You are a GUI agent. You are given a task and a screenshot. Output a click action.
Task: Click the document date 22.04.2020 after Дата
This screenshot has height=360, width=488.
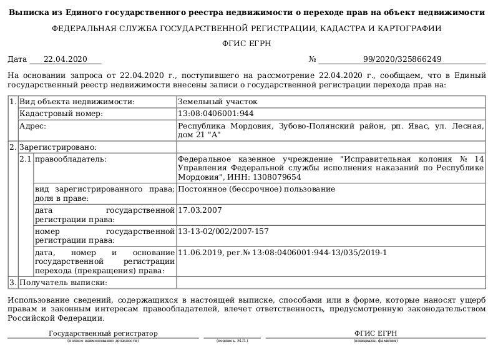tap(65, 59)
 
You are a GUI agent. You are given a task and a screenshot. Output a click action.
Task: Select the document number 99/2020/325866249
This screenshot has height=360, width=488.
tap(402, 59)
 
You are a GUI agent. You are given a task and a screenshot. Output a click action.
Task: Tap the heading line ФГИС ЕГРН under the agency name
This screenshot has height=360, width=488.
tap(243, 44)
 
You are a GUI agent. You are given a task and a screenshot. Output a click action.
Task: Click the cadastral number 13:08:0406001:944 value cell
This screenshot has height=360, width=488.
tap(216, 114)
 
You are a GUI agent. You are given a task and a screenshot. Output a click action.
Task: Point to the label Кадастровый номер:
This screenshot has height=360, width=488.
tap(61, 114)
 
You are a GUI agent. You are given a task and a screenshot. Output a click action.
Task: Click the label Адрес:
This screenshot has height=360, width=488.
tap(33, 126)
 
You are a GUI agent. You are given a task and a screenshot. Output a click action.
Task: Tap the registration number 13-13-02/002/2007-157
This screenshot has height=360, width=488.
tap(223, 231)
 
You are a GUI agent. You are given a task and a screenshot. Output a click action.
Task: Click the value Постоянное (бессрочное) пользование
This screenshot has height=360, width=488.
tap(256, 172)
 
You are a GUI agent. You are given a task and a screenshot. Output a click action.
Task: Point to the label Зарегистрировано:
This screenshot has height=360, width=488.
tap(58, 147)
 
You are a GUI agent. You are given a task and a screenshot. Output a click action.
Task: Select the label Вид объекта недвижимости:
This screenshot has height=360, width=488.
tap(77, 101)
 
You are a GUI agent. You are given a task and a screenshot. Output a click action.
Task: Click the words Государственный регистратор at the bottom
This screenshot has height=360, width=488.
tap(103, 333)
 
